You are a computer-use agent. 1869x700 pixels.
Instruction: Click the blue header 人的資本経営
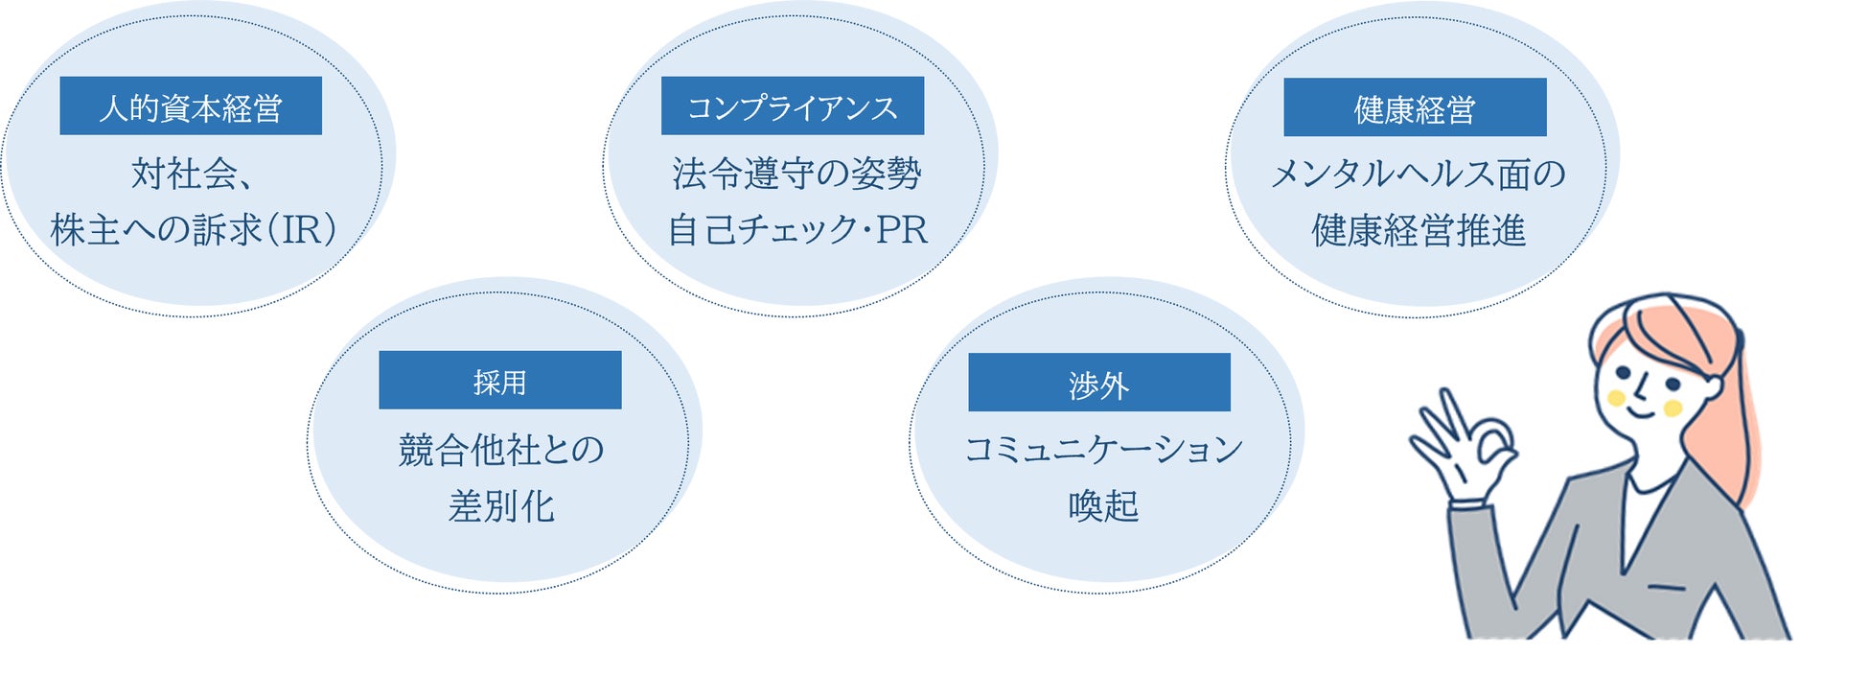coord(191,106)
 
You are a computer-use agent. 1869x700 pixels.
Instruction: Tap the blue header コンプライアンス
coord(793,106)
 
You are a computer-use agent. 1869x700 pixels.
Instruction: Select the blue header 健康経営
coord(1415,107)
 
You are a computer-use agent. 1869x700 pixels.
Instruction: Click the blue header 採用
coord(499,381)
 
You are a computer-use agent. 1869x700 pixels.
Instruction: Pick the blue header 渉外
coord(1099,383)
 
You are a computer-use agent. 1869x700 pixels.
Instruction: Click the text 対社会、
coord(192,174)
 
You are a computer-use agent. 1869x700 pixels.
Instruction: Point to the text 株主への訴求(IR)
coord(195,230)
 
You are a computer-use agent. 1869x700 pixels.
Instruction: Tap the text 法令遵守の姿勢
coord(796,174)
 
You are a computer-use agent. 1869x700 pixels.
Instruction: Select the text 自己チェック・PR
coord(797,230)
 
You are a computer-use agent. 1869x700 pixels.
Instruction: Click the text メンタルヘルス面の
coord(1418,174)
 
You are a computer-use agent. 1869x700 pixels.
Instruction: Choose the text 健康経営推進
coord(1419,230)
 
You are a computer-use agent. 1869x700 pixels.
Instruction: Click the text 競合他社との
coord(501,449)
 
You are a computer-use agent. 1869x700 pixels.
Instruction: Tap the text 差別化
coord(501,505)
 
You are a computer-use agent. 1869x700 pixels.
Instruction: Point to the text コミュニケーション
coord(1103,449)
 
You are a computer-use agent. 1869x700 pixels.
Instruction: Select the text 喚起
coord(1103,505)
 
